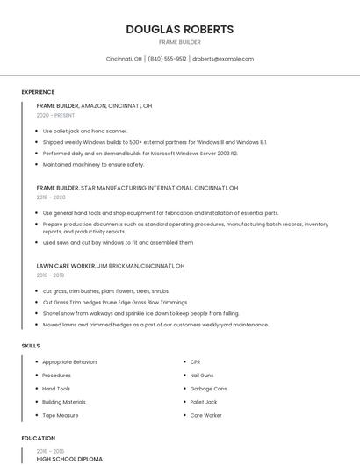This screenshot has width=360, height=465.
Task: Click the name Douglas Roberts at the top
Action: click(x=180, y=29)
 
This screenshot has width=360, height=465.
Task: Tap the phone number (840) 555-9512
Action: click(x=167, y=59)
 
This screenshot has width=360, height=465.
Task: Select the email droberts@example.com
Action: click(x=223, y=59)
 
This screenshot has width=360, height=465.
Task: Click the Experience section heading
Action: click(x=38, y=92)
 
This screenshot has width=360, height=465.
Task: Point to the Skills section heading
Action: click(x=31, y=346)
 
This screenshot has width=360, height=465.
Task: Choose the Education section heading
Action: click(x=38, y=438)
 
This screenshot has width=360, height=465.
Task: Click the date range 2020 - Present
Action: click(x=55, y=115)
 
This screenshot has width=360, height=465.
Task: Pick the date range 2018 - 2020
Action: click(x=51, y=197)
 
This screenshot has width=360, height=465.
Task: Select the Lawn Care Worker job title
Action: click(x=66, y=265)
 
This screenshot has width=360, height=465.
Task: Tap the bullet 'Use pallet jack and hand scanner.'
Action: click(x=85, y=132)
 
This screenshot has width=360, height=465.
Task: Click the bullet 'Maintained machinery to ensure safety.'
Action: click(x=93, y=164)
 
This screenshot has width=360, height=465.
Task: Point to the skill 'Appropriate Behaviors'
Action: click(x=69, y=362)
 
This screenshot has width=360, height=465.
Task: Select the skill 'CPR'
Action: click(x=195, y=362)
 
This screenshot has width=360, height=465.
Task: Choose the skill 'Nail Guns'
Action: click(x=202, y=376)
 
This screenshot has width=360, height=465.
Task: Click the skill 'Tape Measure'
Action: click(x=61, y=415)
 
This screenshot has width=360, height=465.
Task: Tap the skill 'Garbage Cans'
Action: click(x=208, y=389)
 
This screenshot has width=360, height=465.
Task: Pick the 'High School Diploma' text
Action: click(x=69, y=459)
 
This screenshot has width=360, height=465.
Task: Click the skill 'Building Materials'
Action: click(x=64, y=402)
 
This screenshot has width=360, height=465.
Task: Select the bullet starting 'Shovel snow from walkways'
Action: click(x=140, y=313)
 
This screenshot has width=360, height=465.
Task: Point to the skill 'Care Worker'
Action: click(x=205, y=415)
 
